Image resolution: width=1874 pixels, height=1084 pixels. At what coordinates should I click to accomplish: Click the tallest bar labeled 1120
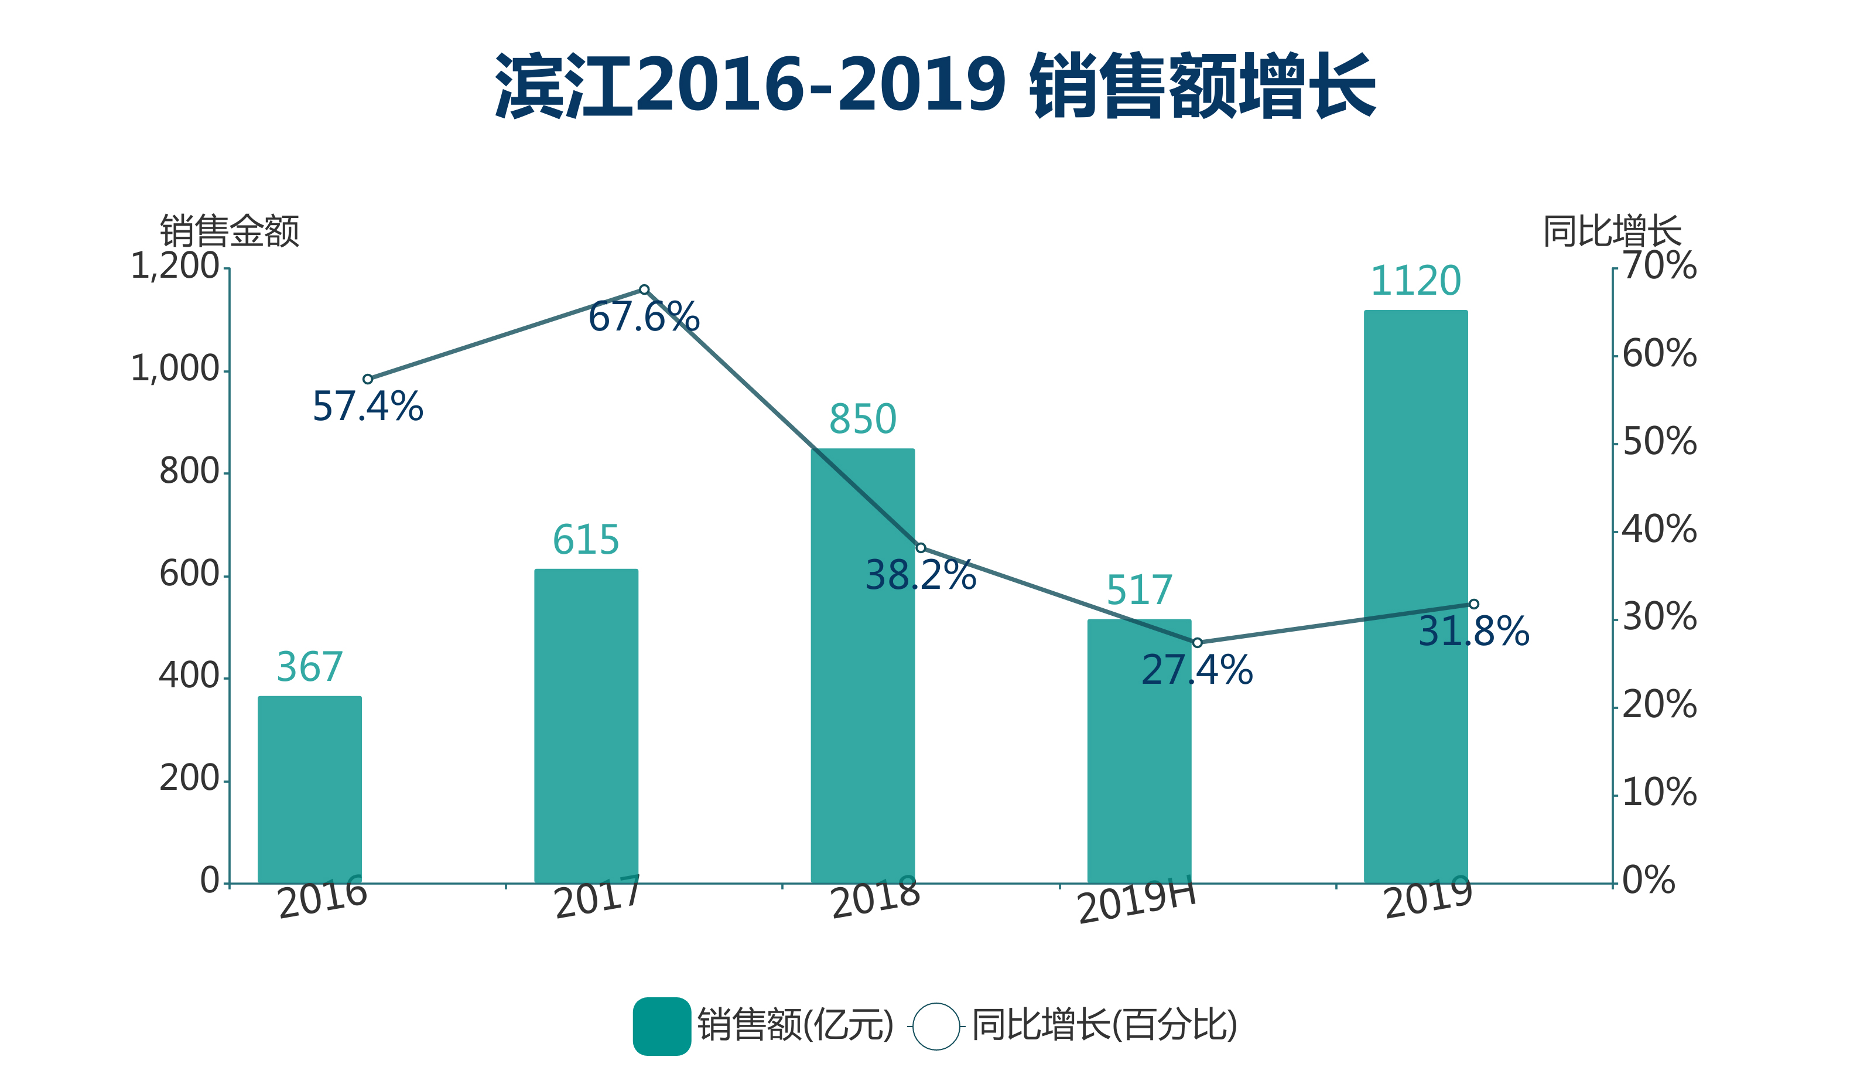click(1415, 595)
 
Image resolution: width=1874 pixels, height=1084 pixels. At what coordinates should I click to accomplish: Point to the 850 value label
click(863, 419)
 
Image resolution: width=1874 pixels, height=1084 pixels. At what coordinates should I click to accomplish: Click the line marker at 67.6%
click(644, 289)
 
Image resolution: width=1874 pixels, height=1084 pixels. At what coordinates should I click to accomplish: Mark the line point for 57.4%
click(367, 379)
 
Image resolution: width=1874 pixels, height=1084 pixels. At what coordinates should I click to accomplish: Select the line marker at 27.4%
click(1197, 643)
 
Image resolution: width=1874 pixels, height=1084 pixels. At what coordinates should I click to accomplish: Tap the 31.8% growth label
click(1473, 632)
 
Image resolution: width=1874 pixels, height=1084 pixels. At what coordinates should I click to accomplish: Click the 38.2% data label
click(921, 575)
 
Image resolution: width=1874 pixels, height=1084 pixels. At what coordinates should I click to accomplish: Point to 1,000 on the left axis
click(175, 369)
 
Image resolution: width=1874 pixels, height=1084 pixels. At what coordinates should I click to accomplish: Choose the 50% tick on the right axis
click(1659, 441)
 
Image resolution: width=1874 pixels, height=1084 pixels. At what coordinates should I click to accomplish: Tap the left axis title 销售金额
click(229, 231)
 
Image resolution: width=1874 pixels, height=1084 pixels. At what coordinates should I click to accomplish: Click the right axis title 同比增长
click(1612, 231)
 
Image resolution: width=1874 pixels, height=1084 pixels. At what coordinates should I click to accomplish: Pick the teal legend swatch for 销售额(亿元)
click(661, 1026)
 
